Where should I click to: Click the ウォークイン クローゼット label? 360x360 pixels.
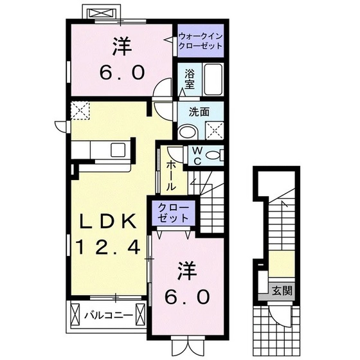click(201, 42)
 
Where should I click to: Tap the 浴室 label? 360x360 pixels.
click(190, 78)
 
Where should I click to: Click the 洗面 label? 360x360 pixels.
click(199, 111)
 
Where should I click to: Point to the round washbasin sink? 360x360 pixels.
click(188, 131)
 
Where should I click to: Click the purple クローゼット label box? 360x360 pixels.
click(171, 213)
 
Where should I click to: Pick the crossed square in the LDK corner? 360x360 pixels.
click(80, 111)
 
